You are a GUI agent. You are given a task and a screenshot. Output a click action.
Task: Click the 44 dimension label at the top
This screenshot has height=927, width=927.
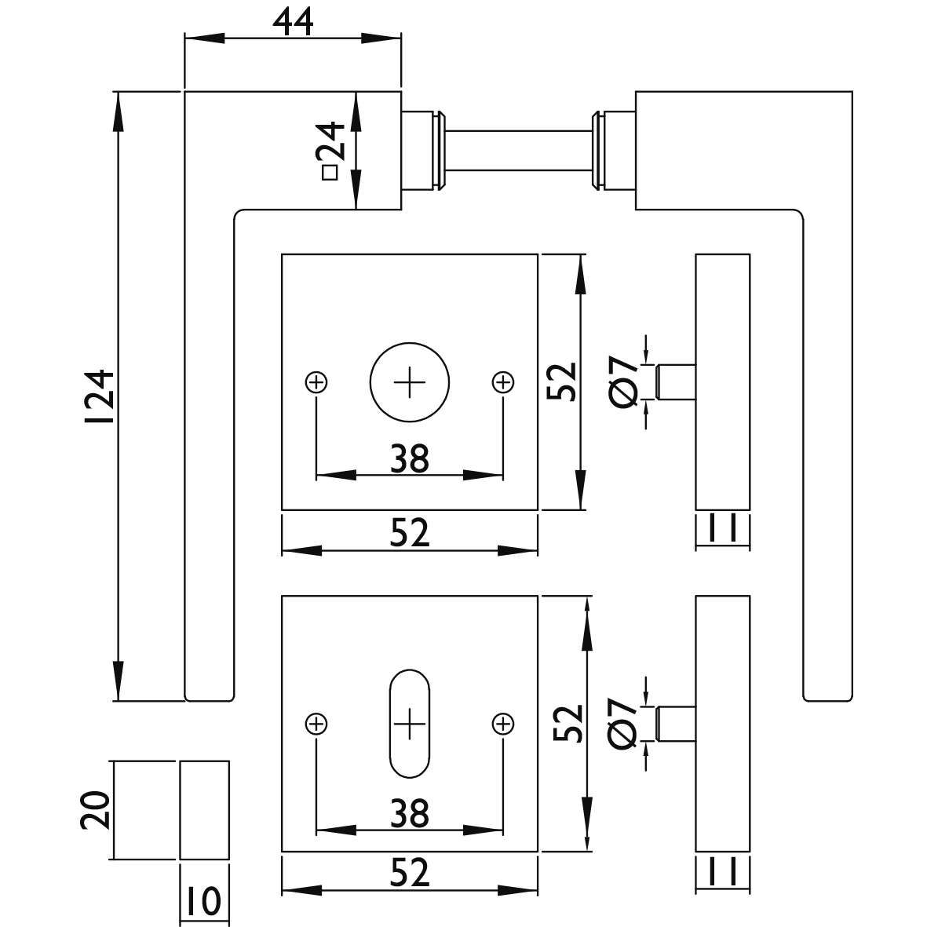click(x=293, y=23)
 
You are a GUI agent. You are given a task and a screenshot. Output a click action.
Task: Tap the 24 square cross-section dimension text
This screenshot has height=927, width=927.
click(x=330, y=150)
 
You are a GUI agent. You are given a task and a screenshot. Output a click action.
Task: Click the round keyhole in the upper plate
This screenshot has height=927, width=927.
click(x=410, y=382)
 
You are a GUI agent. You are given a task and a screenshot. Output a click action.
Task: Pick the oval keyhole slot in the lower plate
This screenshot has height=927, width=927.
click(x=410, y=724)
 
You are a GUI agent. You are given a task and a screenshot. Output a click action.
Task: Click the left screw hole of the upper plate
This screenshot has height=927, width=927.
click(x=316, y=382)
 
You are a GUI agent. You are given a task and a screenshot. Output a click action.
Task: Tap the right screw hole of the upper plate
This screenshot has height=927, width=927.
click(x=503, y=382)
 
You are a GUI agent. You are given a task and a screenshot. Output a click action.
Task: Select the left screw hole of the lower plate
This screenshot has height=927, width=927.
click(x=316, y=724)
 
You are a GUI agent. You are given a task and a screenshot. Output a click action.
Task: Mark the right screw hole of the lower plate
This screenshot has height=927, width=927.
click(x=503, y=724)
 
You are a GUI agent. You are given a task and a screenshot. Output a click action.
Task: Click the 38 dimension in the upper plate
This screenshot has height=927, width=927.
click(x=410, y=458)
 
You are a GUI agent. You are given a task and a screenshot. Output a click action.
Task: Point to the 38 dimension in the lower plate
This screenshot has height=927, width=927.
click(x=410, y=813)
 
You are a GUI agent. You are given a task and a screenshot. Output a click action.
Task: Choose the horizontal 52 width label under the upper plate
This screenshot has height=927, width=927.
click(x=410, y=532)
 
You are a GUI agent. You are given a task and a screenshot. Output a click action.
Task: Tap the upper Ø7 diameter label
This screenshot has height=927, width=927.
click(x=624, y=382)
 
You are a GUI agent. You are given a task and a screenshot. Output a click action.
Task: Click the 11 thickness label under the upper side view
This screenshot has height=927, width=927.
click(x=722, y=528)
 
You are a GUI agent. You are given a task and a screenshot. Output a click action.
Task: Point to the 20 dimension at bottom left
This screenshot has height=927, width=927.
click(x=96, y=810)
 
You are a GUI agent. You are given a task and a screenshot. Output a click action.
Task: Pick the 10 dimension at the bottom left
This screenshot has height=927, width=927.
click(x=204, y=902)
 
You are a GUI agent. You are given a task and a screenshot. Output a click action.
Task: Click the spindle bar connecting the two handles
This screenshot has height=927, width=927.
click(x=518, y=150)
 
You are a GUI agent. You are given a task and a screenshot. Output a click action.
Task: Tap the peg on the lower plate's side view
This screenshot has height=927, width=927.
click(x=676, y=724)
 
